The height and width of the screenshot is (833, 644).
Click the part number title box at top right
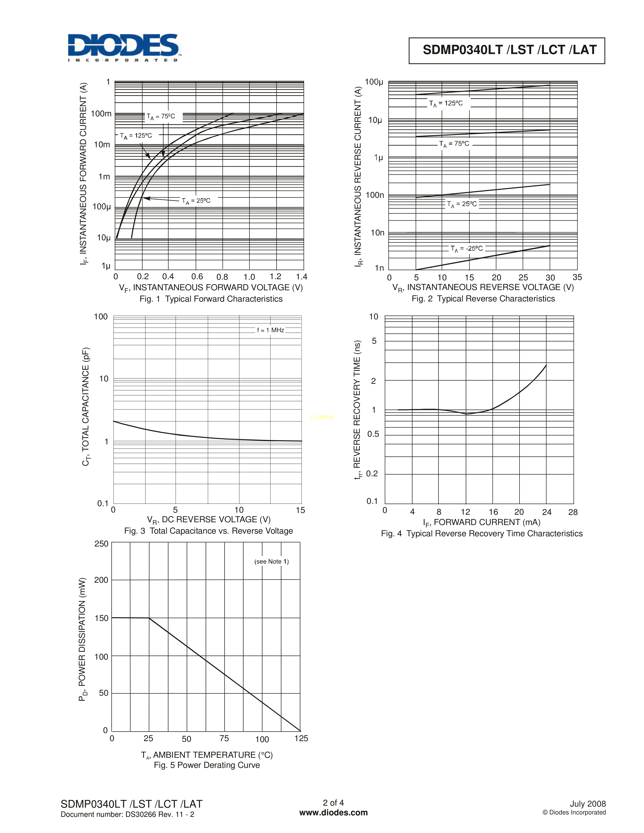pos(506,50)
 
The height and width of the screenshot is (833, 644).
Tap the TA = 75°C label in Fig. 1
pos(161,116)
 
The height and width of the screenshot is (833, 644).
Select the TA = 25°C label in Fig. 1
pos(196,201)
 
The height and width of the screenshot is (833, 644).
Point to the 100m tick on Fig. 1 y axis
pos(101,114)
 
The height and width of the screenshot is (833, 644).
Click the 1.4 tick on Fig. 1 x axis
pos(301,276)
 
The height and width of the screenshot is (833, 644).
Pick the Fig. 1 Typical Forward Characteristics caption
pos(211,299)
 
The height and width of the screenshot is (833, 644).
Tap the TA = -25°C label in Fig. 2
pos(466,249)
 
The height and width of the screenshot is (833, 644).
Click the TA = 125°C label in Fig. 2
pos(445,103)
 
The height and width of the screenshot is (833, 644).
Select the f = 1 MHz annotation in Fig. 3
pos(270,330)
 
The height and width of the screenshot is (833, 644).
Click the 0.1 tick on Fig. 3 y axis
pos(103,504)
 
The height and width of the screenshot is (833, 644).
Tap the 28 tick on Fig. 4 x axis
pos(573,512)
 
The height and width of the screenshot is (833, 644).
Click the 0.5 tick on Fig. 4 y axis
pos(373,434)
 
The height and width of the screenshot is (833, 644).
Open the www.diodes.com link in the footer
pos(333,813)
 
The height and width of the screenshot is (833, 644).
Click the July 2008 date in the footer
pos(587,804)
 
